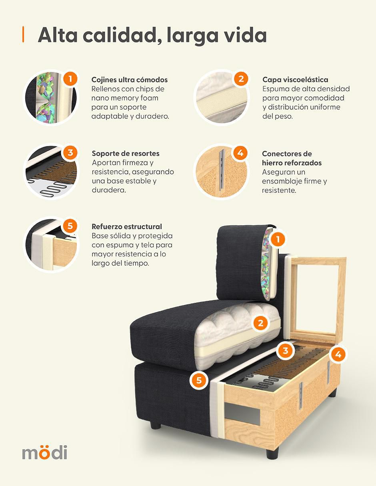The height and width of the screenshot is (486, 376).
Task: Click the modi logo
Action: pyautogui.click(x=44, y=452)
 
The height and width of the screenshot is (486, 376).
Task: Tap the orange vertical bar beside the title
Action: pyautogui.click(x=23, y=34)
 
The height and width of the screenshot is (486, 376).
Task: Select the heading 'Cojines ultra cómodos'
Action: pyautogui.click(x=130, y=80)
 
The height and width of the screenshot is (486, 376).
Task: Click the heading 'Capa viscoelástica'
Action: pyautogui.click(x=295, y=80)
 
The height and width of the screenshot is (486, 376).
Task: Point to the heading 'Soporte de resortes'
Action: pyautogui.click(x=126, y=154)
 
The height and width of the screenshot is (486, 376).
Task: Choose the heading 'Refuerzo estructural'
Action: pyautogui.click(x=127, y=226)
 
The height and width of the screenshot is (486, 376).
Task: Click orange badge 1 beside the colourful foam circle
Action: pyautogui.click(x=70, y=79)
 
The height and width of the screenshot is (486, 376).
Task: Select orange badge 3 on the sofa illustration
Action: pyautogui.click(x=285, y=350)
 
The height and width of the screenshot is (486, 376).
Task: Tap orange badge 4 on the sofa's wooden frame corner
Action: pyautogui.click(x=338, y=354)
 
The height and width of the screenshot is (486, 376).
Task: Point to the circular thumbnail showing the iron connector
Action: pyautogui.click(x=222, y=171)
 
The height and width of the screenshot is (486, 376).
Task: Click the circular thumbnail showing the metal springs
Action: pyautogui.click(x=51, y=171)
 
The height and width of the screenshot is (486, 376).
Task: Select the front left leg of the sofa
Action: pyautogui.click(x=155, y=425)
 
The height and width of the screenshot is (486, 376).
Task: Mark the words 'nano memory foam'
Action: pyautogui.click(x=125, y=98)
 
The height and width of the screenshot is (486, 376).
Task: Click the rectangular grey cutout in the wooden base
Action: pyautogui.click(x=242, y=414)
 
